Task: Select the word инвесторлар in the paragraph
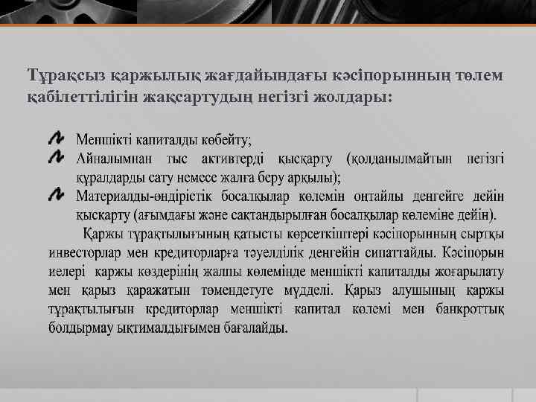[86, 251]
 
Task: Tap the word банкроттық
[467, 308]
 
